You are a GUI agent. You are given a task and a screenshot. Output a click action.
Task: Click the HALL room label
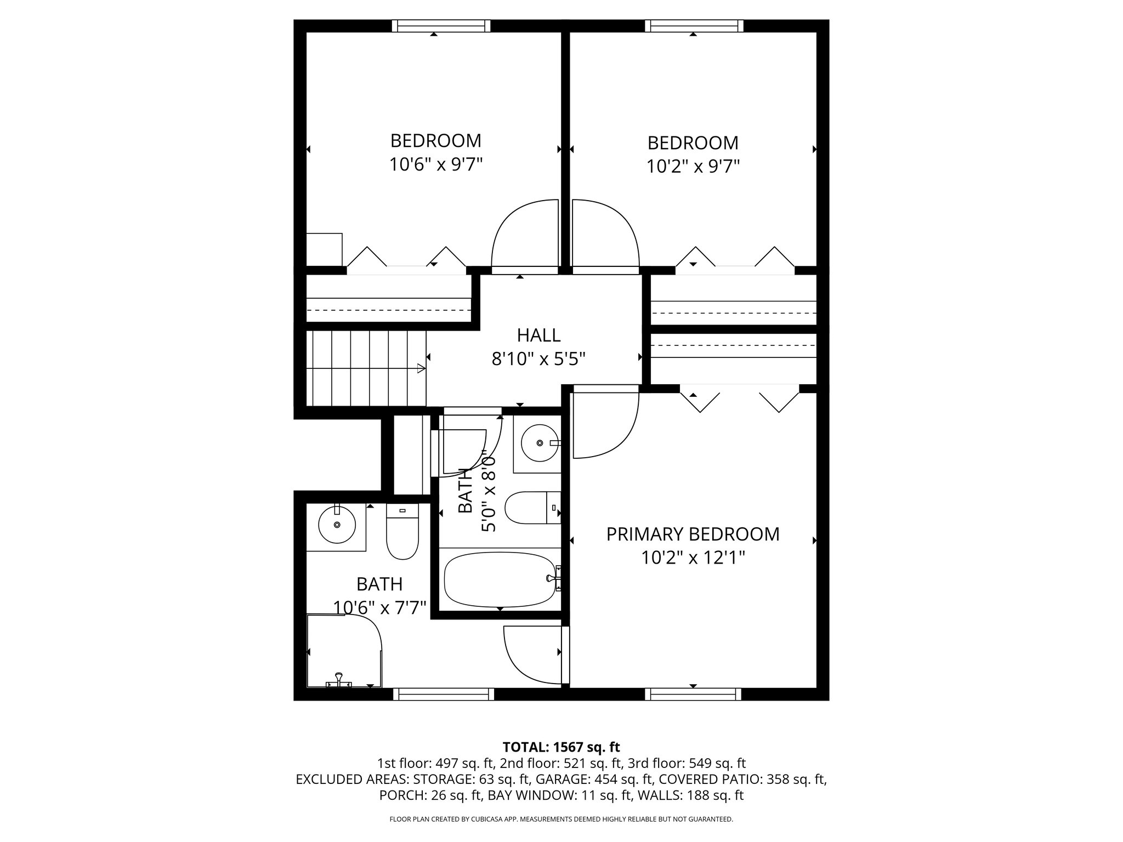(538, 334)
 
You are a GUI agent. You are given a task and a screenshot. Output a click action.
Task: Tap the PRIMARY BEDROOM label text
(693, 534)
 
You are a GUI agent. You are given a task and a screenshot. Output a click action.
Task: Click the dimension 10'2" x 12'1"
(693, 558)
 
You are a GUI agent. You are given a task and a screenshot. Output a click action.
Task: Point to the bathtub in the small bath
(499, 580)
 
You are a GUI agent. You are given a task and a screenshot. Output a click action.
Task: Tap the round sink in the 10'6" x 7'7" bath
(337, 525)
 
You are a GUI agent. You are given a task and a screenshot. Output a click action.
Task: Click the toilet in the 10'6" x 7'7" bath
(402, 532)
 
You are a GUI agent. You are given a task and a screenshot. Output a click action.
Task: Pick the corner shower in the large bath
(343, 651)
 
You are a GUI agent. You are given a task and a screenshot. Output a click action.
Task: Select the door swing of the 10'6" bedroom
(524, 236)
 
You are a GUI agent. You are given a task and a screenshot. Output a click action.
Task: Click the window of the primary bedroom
(693, 695)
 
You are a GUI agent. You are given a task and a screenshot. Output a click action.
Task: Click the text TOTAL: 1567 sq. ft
(561, 747)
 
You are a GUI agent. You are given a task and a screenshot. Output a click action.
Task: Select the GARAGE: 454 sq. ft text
(594, 780)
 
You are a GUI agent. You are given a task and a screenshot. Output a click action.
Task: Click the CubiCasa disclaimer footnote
(561, 819)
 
